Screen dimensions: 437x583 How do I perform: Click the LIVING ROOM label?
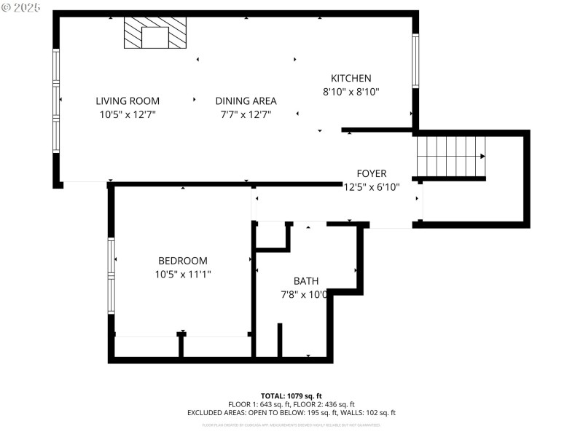(x=128, y=101)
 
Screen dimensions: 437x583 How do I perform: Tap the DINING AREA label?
(x=246, y=101)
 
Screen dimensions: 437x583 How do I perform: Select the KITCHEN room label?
(x=351, y=79)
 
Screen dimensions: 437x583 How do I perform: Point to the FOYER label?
(x=371, y=173)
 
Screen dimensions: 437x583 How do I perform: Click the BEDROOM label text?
(x=183, y=261)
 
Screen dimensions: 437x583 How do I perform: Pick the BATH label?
(x=306, y=281)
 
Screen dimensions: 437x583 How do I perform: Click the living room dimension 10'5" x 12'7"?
(x=128, y=114)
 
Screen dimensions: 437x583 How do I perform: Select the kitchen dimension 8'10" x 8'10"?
(x=351, y=92)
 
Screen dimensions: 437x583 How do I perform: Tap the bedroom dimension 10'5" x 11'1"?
(x=183, y=275)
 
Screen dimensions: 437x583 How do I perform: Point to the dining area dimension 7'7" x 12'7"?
(x=246, y=114)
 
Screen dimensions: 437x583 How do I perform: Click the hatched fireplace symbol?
(x=154, y=34)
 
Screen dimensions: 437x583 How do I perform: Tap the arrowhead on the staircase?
(x=482, y=156)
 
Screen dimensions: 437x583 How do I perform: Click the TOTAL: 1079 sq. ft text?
(x=291, y=395)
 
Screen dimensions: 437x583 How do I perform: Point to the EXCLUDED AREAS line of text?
(x=291, y=413)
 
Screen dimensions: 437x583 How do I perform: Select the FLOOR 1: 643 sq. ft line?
(x=291, y=404)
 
